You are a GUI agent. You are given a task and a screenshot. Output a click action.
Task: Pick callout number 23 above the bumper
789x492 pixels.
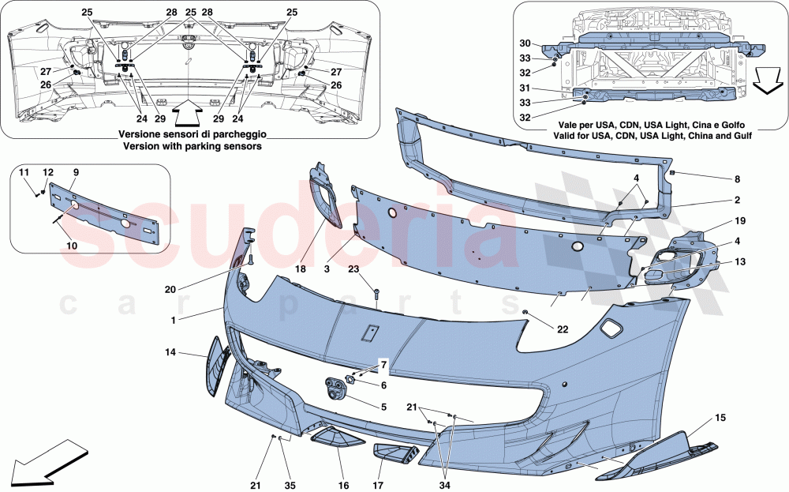click(x=354, y=269)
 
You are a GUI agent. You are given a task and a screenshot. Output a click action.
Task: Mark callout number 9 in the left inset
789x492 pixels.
click(x=76, y=172)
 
